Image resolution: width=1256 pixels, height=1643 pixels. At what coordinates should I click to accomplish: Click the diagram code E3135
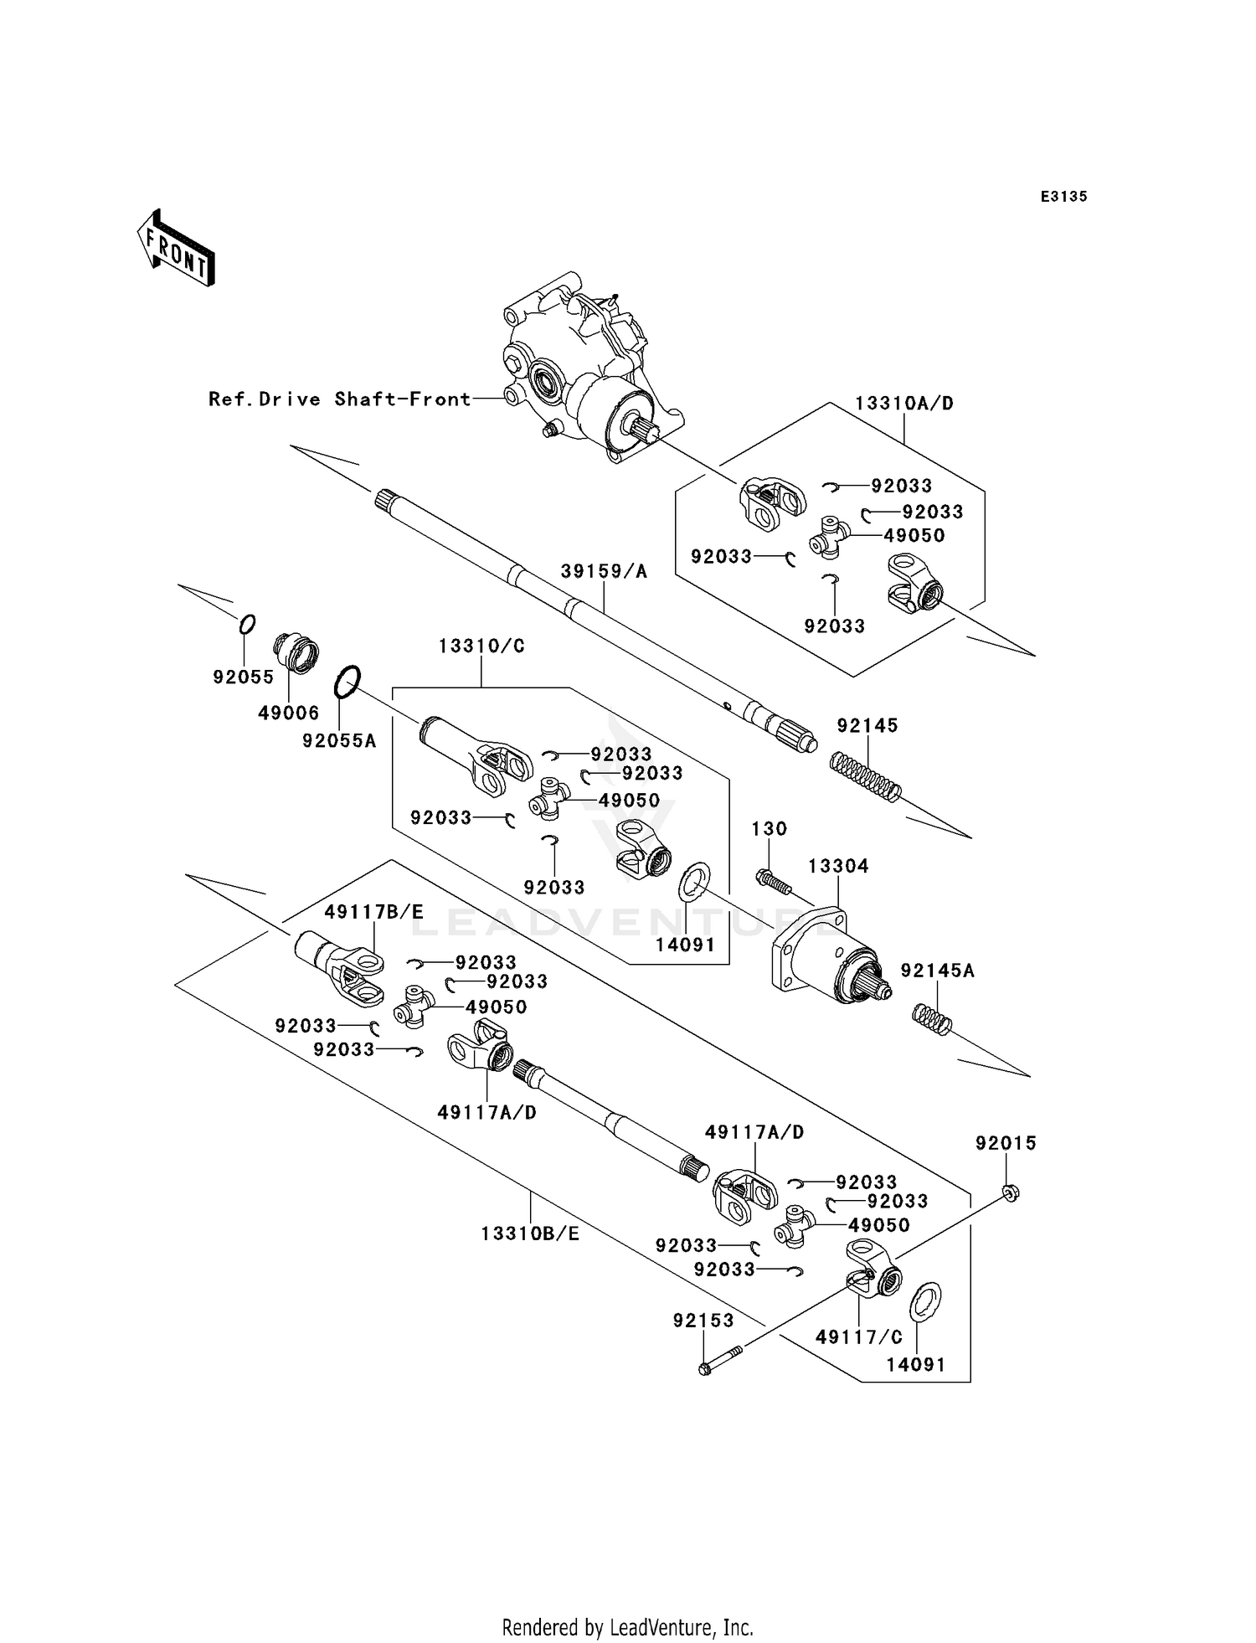1063,197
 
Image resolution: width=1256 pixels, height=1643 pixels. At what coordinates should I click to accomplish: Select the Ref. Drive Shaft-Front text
340,399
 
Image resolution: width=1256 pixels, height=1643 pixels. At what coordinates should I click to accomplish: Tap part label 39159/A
604,571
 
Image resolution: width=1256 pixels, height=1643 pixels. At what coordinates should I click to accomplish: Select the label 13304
838,866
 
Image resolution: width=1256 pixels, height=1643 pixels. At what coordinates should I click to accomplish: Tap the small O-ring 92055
247,624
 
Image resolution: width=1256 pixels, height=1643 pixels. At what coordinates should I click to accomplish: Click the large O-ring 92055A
347,682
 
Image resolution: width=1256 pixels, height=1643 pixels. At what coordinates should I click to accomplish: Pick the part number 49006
288,713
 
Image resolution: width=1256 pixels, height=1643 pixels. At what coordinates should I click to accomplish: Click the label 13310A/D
904,403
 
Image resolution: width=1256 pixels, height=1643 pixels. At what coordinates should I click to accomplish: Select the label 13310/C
481,646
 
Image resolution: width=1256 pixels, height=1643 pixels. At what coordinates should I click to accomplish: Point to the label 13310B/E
530,1234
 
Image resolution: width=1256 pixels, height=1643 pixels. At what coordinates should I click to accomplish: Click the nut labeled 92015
1010,1193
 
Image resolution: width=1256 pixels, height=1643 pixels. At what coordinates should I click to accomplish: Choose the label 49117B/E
373,912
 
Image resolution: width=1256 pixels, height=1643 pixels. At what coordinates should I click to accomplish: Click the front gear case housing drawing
586,368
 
